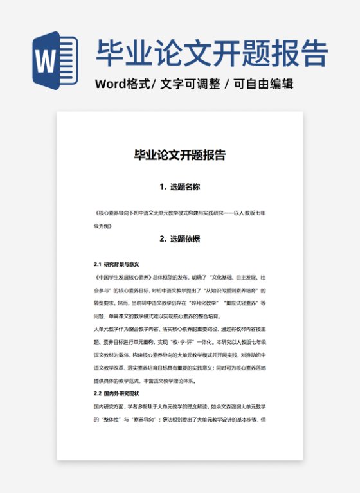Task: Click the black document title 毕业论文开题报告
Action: click(179, 155)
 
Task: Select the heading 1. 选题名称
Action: click(179, 187)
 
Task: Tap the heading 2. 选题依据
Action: click(179, 239)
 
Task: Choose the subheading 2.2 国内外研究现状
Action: click(116, 393)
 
